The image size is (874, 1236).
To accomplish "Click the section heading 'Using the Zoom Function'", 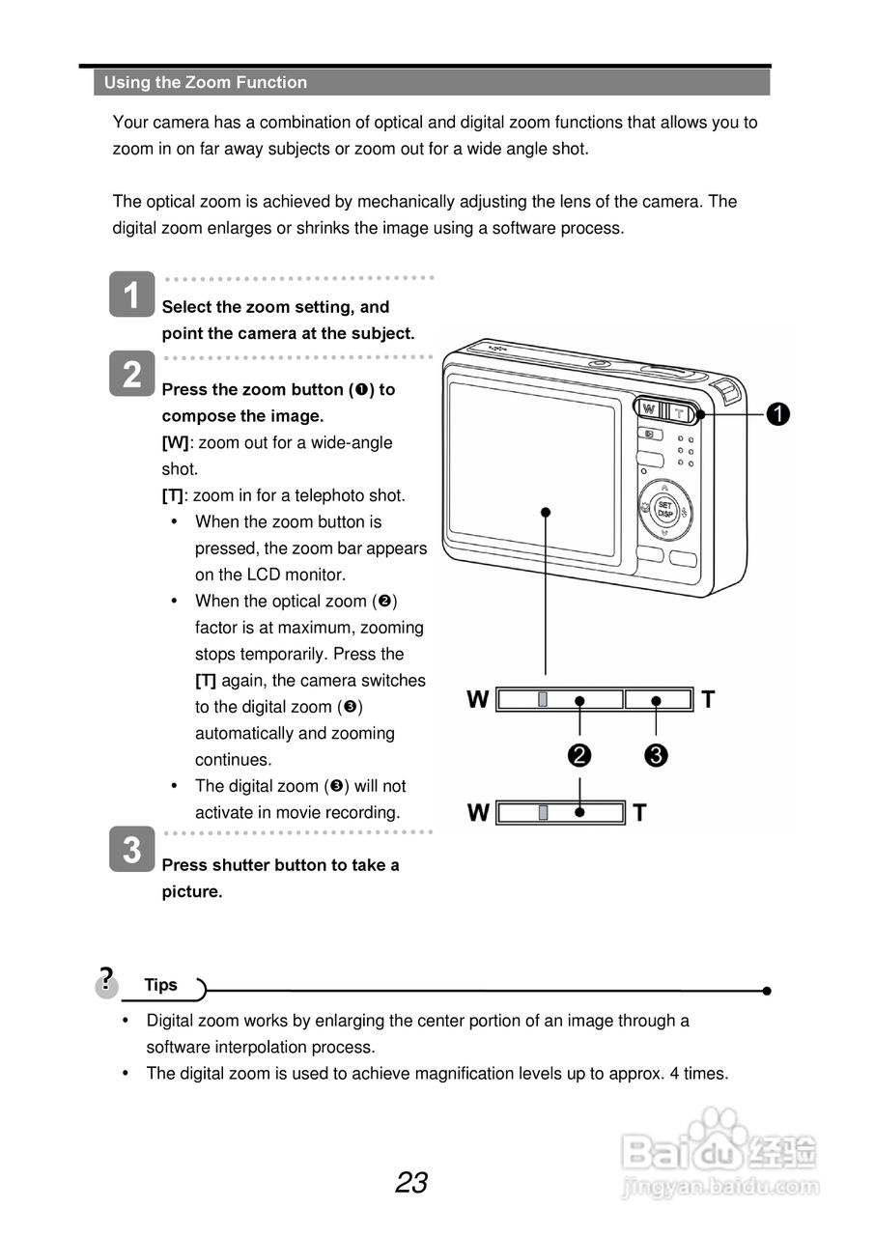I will pyautogui.click(x=206, y=83).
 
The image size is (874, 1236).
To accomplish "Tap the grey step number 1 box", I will pyautogui.click(x=132, y=294).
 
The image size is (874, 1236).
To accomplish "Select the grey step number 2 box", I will pyautogui.click(x=132, y=374).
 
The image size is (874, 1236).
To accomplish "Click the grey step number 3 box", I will pyautogui.click(x=132, y=850).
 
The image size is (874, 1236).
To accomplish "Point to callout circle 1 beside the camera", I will pyautogui.click(x=778, y=414).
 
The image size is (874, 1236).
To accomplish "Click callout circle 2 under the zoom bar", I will pyautogui.click(x=579, y=755).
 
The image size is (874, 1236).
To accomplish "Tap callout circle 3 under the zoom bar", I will pyautogui.click(x=656, y=755).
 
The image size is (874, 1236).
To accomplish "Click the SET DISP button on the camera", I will pyautogui.click(x=664, y=509).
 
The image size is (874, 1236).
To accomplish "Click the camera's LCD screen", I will pyautogui.click(x=532, y=468).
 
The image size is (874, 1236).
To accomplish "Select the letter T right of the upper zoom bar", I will pyautogui.click(x=709, y=699).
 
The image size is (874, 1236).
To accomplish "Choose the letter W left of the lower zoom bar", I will pyautogui.click(x=478, y=813).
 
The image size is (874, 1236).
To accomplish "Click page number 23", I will pyautogui.click(x=411, y=1183).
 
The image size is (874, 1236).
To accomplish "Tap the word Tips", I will pyautogui.click(x=161, y=985).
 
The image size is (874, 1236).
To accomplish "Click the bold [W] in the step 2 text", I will pyautogui.click(x=175, y=442).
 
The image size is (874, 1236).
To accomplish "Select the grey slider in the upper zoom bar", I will pyautogui.click(x=544, y=699).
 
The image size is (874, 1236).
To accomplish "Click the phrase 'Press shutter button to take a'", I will pyautogui.click(x=280, y=865).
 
